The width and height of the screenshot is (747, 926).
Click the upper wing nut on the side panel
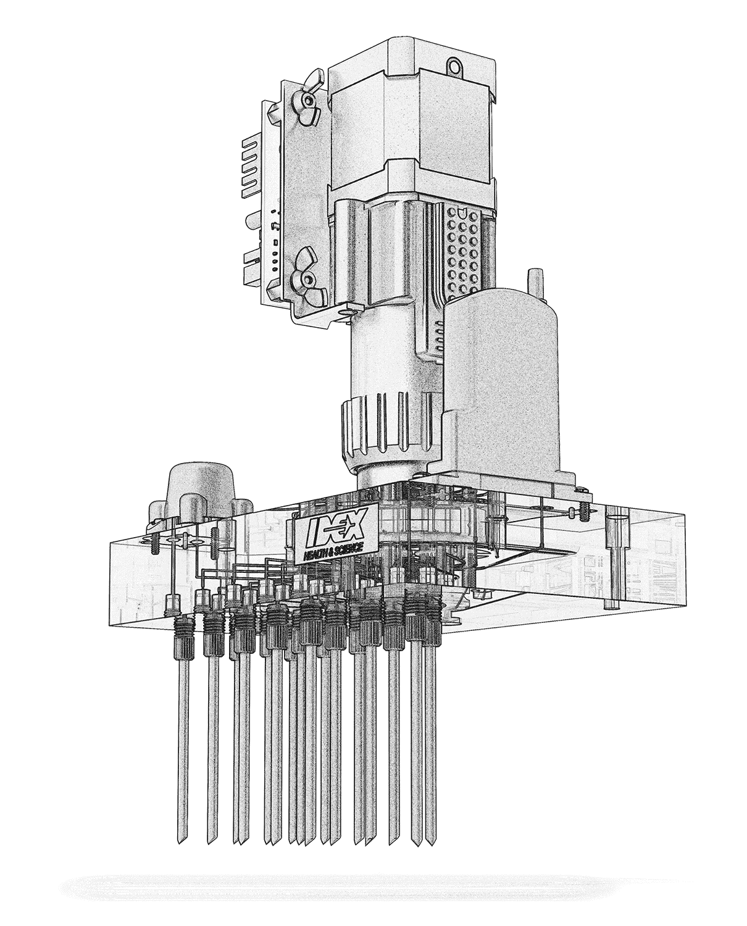tap(307, 99)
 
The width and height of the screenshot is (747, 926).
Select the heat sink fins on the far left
tap(252, 170)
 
